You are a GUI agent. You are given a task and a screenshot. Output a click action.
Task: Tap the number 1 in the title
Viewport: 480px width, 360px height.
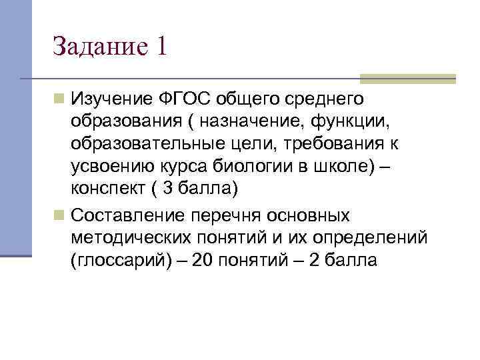point(162,46)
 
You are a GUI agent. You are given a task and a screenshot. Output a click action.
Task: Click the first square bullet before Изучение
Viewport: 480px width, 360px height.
point(60,100)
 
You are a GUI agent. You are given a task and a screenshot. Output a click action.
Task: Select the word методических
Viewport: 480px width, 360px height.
point(128,239)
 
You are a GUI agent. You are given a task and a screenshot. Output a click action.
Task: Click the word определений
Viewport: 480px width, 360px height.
point(373,239)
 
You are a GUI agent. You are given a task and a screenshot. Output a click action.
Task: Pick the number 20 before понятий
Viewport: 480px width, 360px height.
point(199,261)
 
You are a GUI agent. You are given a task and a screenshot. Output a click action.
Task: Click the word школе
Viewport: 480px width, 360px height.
point(351,167)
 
